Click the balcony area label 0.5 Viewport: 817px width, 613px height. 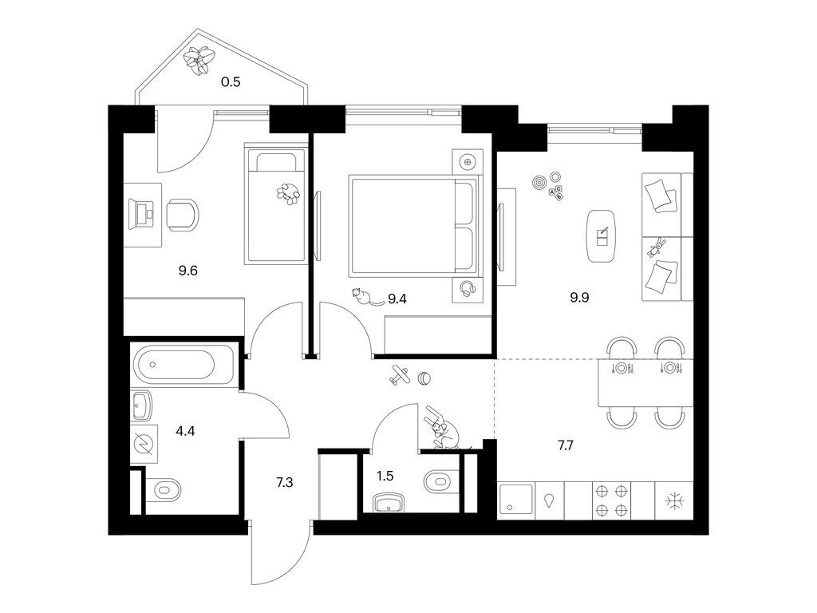coord(231,81)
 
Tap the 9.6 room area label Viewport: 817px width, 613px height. coord(188,271)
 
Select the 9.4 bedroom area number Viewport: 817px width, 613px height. coord(398,299)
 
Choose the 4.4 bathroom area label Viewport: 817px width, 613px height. coord(185,432)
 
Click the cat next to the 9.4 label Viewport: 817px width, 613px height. coord(363,297)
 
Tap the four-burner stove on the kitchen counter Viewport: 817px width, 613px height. coord(610,500)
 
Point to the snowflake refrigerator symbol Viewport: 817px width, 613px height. coord(674,501)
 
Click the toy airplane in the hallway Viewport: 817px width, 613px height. coord(401,375)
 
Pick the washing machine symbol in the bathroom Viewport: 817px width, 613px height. coord(145,443)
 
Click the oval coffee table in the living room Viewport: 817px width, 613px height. coord(602,235)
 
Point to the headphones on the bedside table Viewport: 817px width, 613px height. coord(468,289)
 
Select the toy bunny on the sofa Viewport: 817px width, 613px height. coord(659,248)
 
